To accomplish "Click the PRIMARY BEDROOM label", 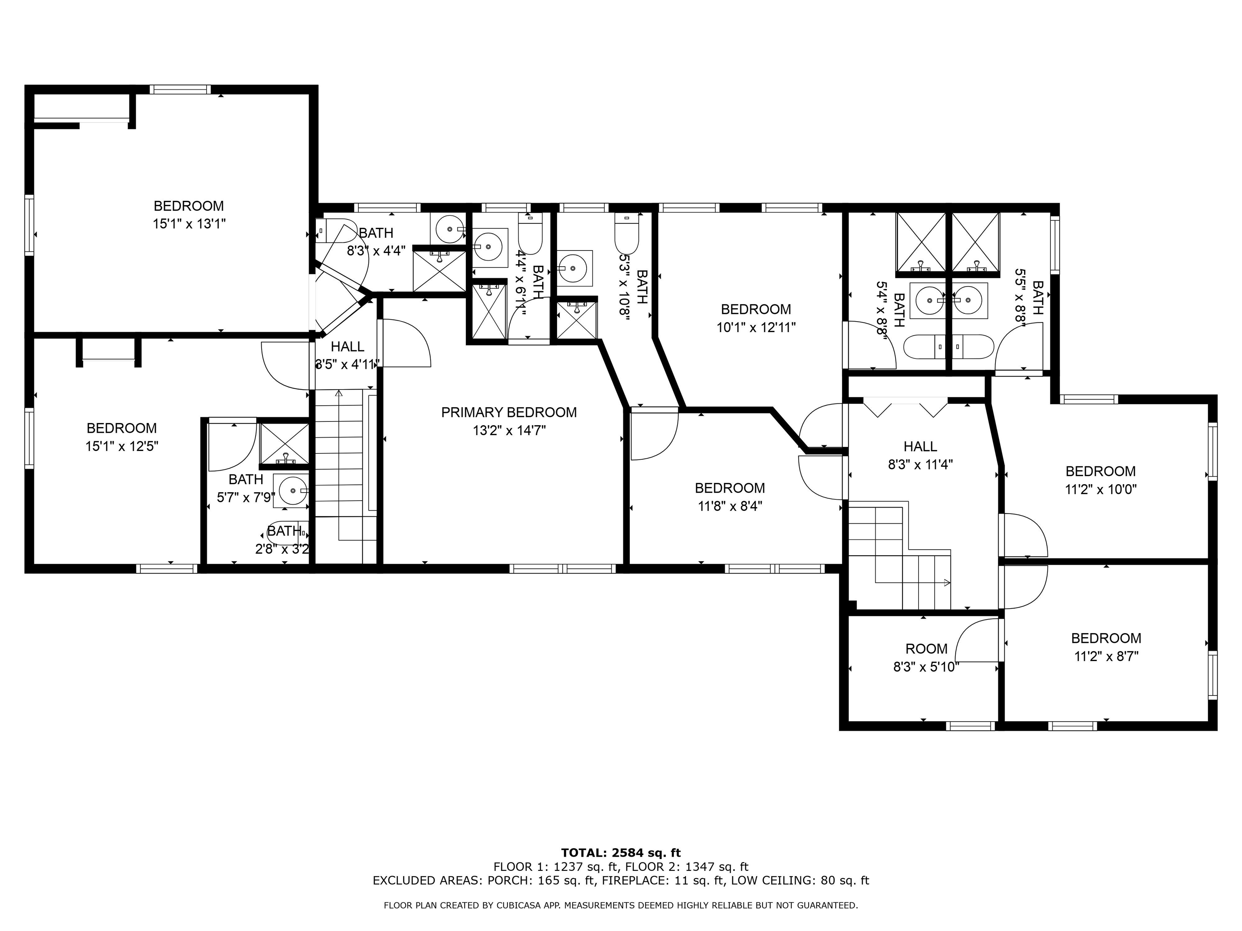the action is click(x=509, y=413).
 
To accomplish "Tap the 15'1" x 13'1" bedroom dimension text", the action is click(x=189, y=224).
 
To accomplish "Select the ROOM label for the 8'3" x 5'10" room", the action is click(x=927, y=649).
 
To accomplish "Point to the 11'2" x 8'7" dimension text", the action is click(x=1106, y=656).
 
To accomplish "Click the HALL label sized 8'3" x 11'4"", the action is click(x=920, y=446).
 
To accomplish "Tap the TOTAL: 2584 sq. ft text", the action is click(x=621, y=853).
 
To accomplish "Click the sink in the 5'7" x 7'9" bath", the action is click(x=291, y=491).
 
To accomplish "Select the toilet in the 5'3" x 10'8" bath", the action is click(x=627, y=235).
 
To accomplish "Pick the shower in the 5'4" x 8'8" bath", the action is click(x=921, y=245).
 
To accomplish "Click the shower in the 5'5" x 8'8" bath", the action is click(x=976, y=245).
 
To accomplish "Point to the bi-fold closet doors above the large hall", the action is click(x=905, y=407).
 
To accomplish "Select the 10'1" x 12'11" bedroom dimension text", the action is click(x=756, y=327).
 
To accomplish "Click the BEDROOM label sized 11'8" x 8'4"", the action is click(x=730, y=488).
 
